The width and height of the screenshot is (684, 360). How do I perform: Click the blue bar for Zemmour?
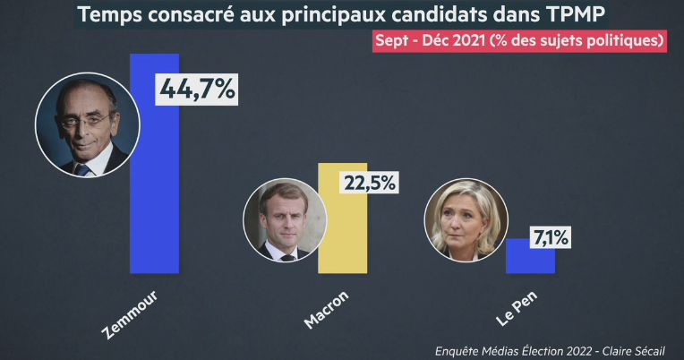155,179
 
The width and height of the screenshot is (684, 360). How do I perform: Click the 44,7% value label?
197,90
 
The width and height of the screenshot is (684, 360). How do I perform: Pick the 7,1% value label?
551,238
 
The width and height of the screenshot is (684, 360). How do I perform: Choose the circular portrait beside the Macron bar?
285,219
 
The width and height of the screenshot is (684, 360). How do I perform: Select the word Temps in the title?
110,14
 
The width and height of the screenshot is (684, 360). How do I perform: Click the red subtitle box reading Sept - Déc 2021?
523,41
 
